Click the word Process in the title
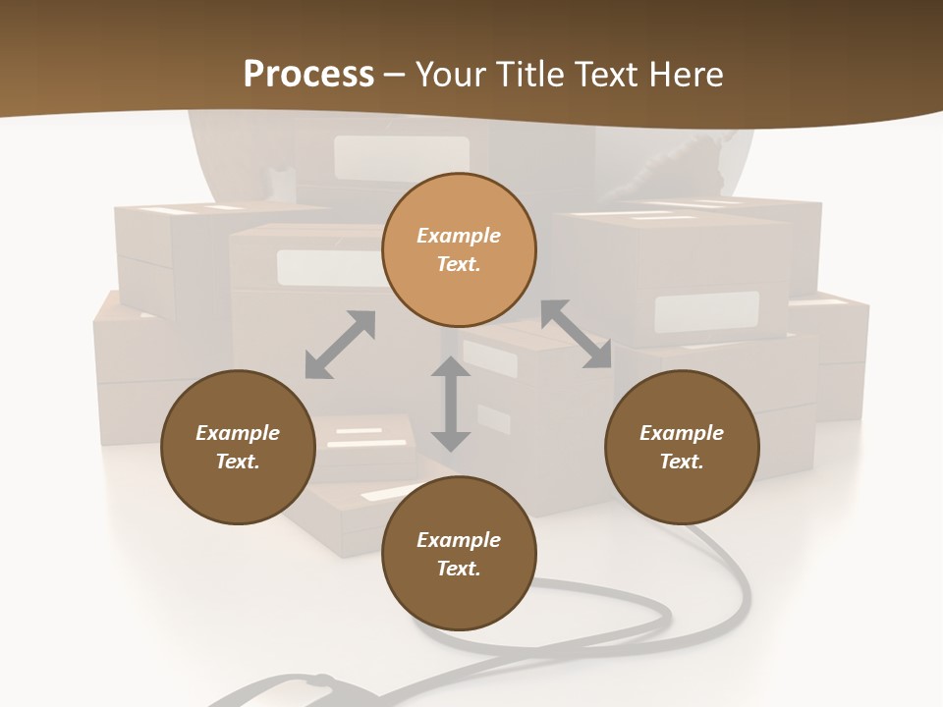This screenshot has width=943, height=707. point(308,75)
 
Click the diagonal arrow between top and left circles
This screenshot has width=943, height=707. point(340,345)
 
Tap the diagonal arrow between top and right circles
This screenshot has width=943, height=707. point(577,334)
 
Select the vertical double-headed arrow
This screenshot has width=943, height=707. point(451,404)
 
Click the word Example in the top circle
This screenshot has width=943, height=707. point(459,236)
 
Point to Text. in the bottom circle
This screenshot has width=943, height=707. point(459,569)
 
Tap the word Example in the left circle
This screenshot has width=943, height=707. point(238,433)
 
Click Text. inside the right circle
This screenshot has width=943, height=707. point(682,462)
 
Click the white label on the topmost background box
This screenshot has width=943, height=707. point(401,157)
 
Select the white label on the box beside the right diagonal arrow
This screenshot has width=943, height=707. point(706,311)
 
